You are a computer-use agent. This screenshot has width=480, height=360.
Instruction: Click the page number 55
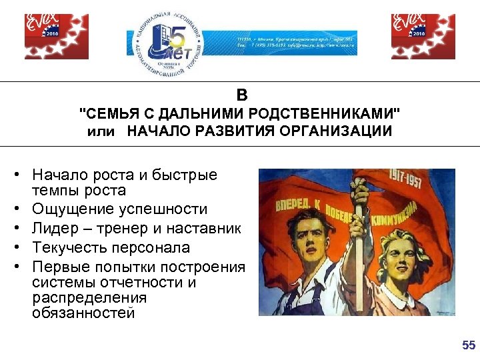(x=469, y=345)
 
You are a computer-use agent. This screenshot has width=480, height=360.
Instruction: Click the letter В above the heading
(x=241, y=95)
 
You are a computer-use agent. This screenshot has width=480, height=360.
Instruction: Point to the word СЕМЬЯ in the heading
(x=109, y=112)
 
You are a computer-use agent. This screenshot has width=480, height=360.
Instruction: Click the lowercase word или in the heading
(x=101, y=131)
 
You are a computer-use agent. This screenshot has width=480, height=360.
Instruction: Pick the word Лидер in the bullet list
(x=50, y=229)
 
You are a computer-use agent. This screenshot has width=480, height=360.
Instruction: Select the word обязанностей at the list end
(x=83, y=312)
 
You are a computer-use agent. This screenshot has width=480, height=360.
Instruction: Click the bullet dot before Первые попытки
(x=14, y=267)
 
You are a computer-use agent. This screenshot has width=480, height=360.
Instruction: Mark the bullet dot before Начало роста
(x=14, y=175)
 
